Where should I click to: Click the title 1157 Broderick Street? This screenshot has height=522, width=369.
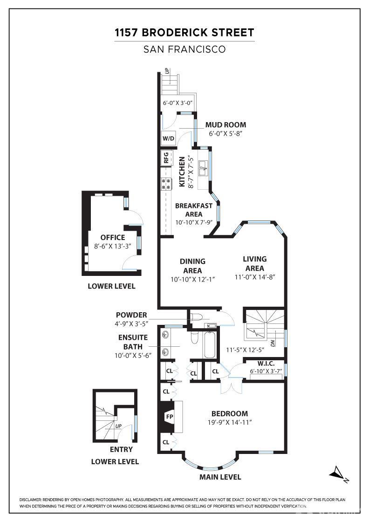(x=184, y=33)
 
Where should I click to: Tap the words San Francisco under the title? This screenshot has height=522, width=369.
(x=184, y=49)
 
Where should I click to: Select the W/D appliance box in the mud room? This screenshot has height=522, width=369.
(x=168, y=138)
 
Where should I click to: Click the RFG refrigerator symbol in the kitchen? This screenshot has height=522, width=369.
(x=166, y=158)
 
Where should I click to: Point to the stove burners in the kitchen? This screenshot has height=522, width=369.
(x=166, y=184)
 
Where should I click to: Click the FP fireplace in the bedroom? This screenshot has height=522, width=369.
(x=170, y=417)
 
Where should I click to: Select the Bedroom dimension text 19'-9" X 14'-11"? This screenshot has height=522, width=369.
(x=230, y=422)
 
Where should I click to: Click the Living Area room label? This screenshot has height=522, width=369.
(x=254, y=263)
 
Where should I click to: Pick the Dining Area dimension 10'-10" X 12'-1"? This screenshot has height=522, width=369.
(x=192, y=280)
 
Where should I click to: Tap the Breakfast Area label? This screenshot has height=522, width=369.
(x=194, y=210)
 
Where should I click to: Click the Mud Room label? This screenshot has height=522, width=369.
(x=225, y=125)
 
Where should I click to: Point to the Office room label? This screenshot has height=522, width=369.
(x=113, y=237)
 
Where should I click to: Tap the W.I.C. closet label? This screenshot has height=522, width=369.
(x=266, y=364)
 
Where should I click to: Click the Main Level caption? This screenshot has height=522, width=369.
(x=220, y=477)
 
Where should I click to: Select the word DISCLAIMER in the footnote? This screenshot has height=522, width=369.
(x=30, y=500)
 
